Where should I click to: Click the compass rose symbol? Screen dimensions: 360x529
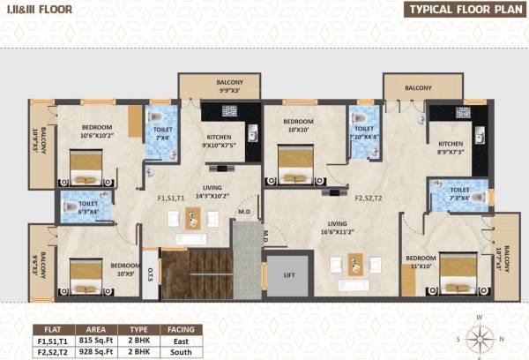tap(481, 336)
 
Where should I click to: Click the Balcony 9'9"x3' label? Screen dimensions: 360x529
tap(223, 86)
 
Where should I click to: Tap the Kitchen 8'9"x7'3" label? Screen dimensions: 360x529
tap(451, 147)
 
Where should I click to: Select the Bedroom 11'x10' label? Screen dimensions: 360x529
tap(421, 262)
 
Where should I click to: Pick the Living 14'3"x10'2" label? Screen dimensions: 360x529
tap(212, 192)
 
